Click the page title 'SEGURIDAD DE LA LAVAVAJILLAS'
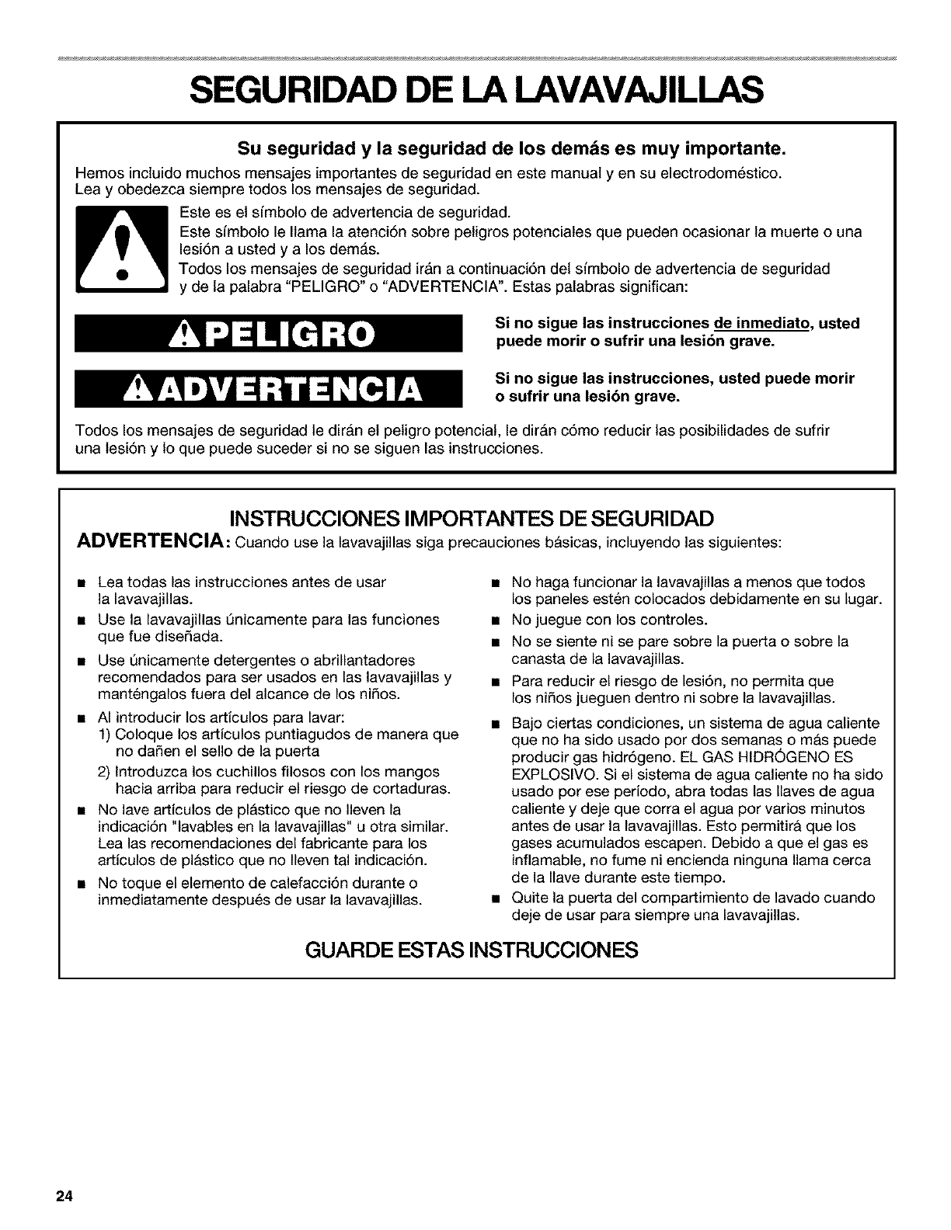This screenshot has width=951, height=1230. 475,92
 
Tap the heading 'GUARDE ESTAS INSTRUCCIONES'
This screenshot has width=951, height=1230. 475,950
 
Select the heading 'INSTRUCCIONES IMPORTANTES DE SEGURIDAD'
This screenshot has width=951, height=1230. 475,518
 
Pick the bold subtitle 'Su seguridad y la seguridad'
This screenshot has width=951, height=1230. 475,147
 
